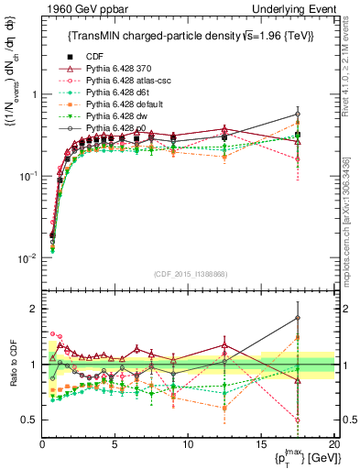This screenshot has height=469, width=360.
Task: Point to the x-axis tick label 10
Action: click(188, 444)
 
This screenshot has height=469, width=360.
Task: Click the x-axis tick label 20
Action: click(333, 444)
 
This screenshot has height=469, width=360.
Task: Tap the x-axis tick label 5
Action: click(115, 444)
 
